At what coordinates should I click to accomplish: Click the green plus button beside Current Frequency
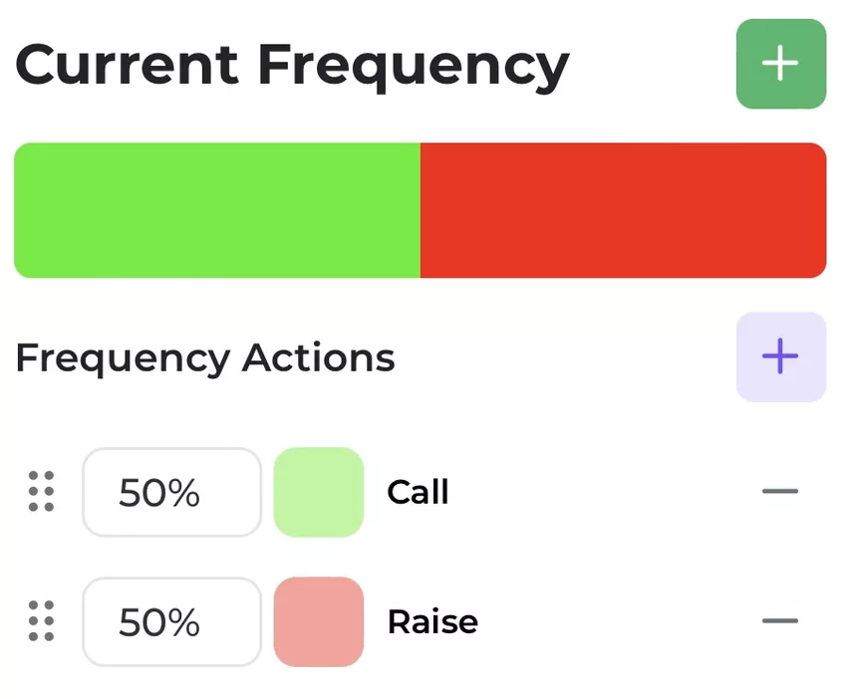point(781,64)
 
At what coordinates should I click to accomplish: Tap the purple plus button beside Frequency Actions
point(781,356)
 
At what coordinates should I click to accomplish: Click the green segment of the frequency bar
point(217,210)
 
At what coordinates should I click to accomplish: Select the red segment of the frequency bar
point(624,210)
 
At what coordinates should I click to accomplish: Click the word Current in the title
point(127,65)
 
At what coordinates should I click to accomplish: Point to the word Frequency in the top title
point(414,68)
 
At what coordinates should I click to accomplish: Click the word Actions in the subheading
point(319,357)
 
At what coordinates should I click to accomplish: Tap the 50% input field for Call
point(172,492)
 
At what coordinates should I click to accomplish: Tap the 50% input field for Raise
point(172,621)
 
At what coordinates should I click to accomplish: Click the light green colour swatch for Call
point(319,492)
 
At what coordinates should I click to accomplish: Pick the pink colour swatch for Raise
point(319,621)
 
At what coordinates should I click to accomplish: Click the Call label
point(418,492)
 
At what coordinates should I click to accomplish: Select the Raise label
point(432,621)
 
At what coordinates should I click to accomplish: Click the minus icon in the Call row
point(780,491)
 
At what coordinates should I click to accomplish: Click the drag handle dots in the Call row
point(41,491)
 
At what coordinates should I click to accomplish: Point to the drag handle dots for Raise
point(41,621)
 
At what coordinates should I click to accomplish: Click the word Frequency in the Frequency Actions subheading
point(124,359)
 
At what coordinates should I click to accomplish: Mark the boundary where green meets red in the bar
point(421,210)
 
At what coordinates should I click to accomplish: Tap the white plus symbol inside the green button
point(780,63)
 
